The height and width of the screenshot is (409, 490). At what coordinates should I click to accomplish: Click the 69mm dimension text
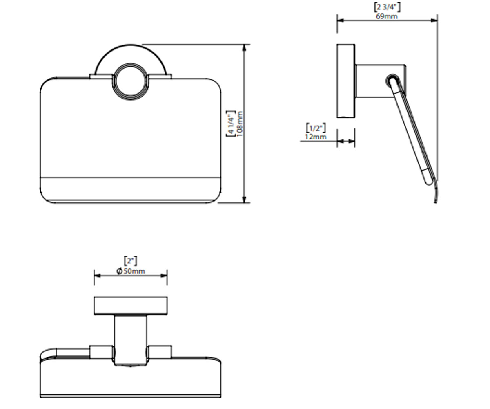pos(387,16)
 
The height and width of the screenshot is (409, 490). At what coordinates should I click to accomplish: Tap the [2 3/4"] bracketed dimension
pos(387,7)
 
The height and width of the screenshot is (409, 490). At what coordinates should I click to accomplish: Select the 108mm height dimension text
pos(240,124)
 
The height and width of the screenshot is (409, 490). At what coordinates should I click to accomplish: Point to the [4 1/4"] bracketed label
pos(231,123)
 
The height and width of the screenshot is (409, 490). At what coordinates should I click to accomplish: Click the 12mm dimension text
pos(316,137)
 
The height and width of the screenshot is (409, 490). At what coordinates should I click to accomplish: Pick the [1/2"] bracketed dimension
pos(316,128)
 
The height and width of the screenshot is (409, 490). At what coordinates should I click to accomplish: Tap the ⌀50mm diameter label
pos(131,271)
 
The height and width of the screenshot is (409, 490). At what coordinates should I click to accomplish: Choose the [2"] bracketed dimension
pos(131,261)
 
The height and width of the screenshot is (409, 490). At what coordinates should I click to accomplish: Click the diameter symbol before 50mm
pos(119,271)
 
